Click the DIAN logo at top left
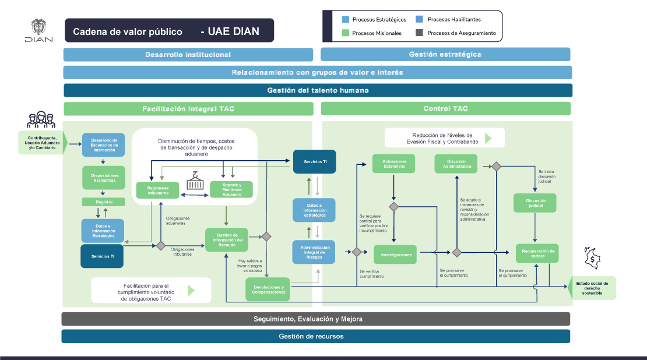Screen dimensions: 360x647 (x=38, y=31)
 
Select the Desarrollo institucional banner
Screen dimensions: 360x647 (x=188, y=55)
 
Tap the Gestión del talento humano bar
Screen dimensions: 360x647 (x=318, y=90)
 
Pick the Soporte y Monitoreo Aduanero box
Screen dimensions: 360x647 (x=232, y=190)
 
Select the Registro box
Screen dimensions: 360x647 (x=104, y=202)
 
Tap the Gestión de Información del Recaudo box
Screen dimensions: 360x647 (x=227, y=239)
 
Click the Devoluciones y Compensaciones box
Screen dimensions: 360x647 (x=269, y=290)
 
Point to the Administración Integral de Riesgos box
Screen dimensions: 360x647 (x=314, y=252)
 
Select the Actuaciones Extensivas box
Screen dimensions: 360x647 (x=394, y=163)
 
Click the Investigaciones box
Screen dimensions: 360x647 (x=396, y=255)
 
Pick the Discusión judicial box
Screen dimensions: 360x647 (x=535, y=202)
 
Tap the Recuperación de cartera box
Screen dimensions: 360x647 (x=537, y=253)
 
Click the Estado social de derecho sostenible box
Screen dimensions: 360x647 (x=592, y=288)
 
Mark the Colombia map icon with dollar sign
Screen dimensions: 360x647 (x=591, y=259)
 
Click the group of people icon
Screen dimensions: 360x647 (x=41, y=119)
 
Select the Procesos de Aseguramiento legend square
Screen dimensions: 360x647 (x=419, y=33)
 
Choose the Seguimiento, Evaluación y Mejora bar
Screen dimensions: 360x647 (x=315, y=319)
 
